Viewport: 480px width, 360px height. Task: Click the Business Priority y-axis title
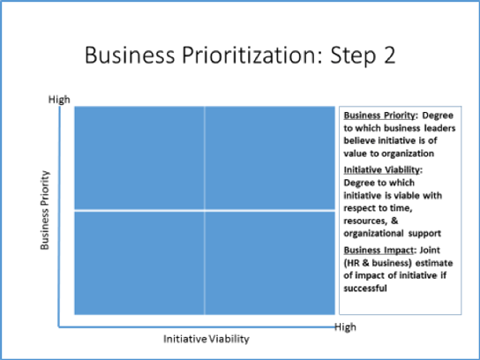[45, 210]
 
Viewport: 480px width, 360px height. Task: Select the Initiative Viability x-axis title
[206, 339]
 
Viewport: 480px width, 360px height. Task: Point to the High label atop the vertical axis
[58, 100]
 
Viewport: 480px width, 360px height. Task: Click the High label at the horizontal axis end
[345, 327]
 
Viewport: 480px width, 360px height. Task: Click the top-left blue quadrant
[139, 157]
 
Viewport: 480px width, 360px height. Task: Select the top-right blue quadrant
[270, 157]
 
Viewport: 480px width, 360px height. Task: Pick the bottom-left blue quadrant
[139, 262]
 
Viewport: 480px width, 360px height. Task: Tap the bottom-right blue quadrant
[270, 262]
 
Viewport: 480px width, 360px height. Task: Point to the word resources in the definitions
[364, 221]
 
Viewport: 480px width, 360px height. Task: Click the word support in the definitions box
[424, 234]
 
